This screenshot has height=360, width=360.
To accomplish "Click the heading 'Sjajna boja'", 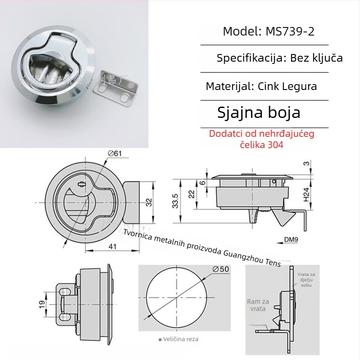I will click(x=258, y=112).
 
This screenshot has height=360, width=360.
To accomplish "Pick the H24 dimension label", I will click(x=306, y=194).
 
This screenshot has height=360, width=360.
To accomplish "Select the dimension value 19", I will click(x=41, y=304).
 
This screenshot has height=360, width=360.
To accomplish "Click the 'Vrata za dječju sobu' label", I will click(x=306, y=279).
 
